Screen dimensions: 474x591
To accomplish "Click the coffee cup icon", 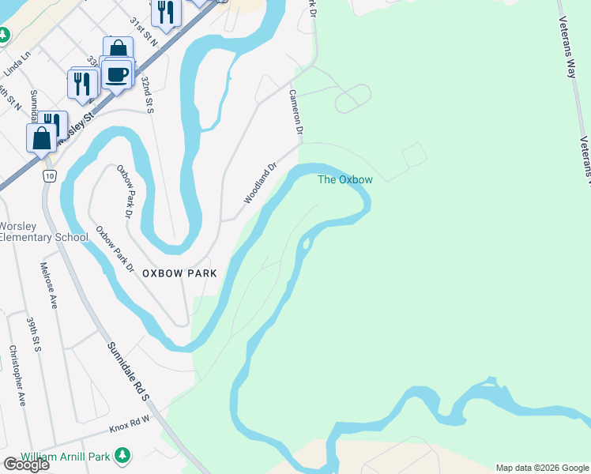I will click(x=117, y=74).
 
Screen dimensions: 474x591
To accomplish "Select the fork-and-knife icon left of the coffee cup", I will click(x=83, y=82).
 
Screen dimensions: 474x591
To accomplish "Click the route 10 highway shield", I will click(x=50, y=176).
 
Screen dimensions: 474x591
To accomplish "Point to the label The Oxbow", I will click(x=344, y=179).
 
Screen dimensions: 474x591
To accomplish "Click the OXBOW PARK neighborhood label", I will click(x=179, y=273).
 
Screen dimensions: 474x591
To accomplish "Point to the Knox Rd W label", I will click(x=129, y=428).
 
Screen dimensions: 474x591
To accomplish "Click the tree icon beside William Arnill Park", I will click(x=122, y=456).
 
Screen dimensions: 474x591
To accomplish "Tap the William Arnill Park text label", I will click(x=66, y=457).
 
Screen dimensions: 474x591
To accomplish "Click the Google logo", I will click(x=26, y=465).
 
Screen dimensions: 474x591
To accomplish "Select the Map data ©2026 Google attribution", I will click(x=542, y=468).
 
